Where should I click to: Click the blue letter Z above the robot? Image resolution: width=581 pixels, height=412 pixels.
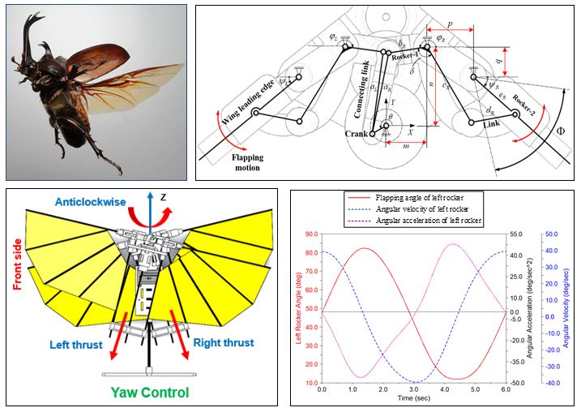pyautogui.click(x=164, y=196)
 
